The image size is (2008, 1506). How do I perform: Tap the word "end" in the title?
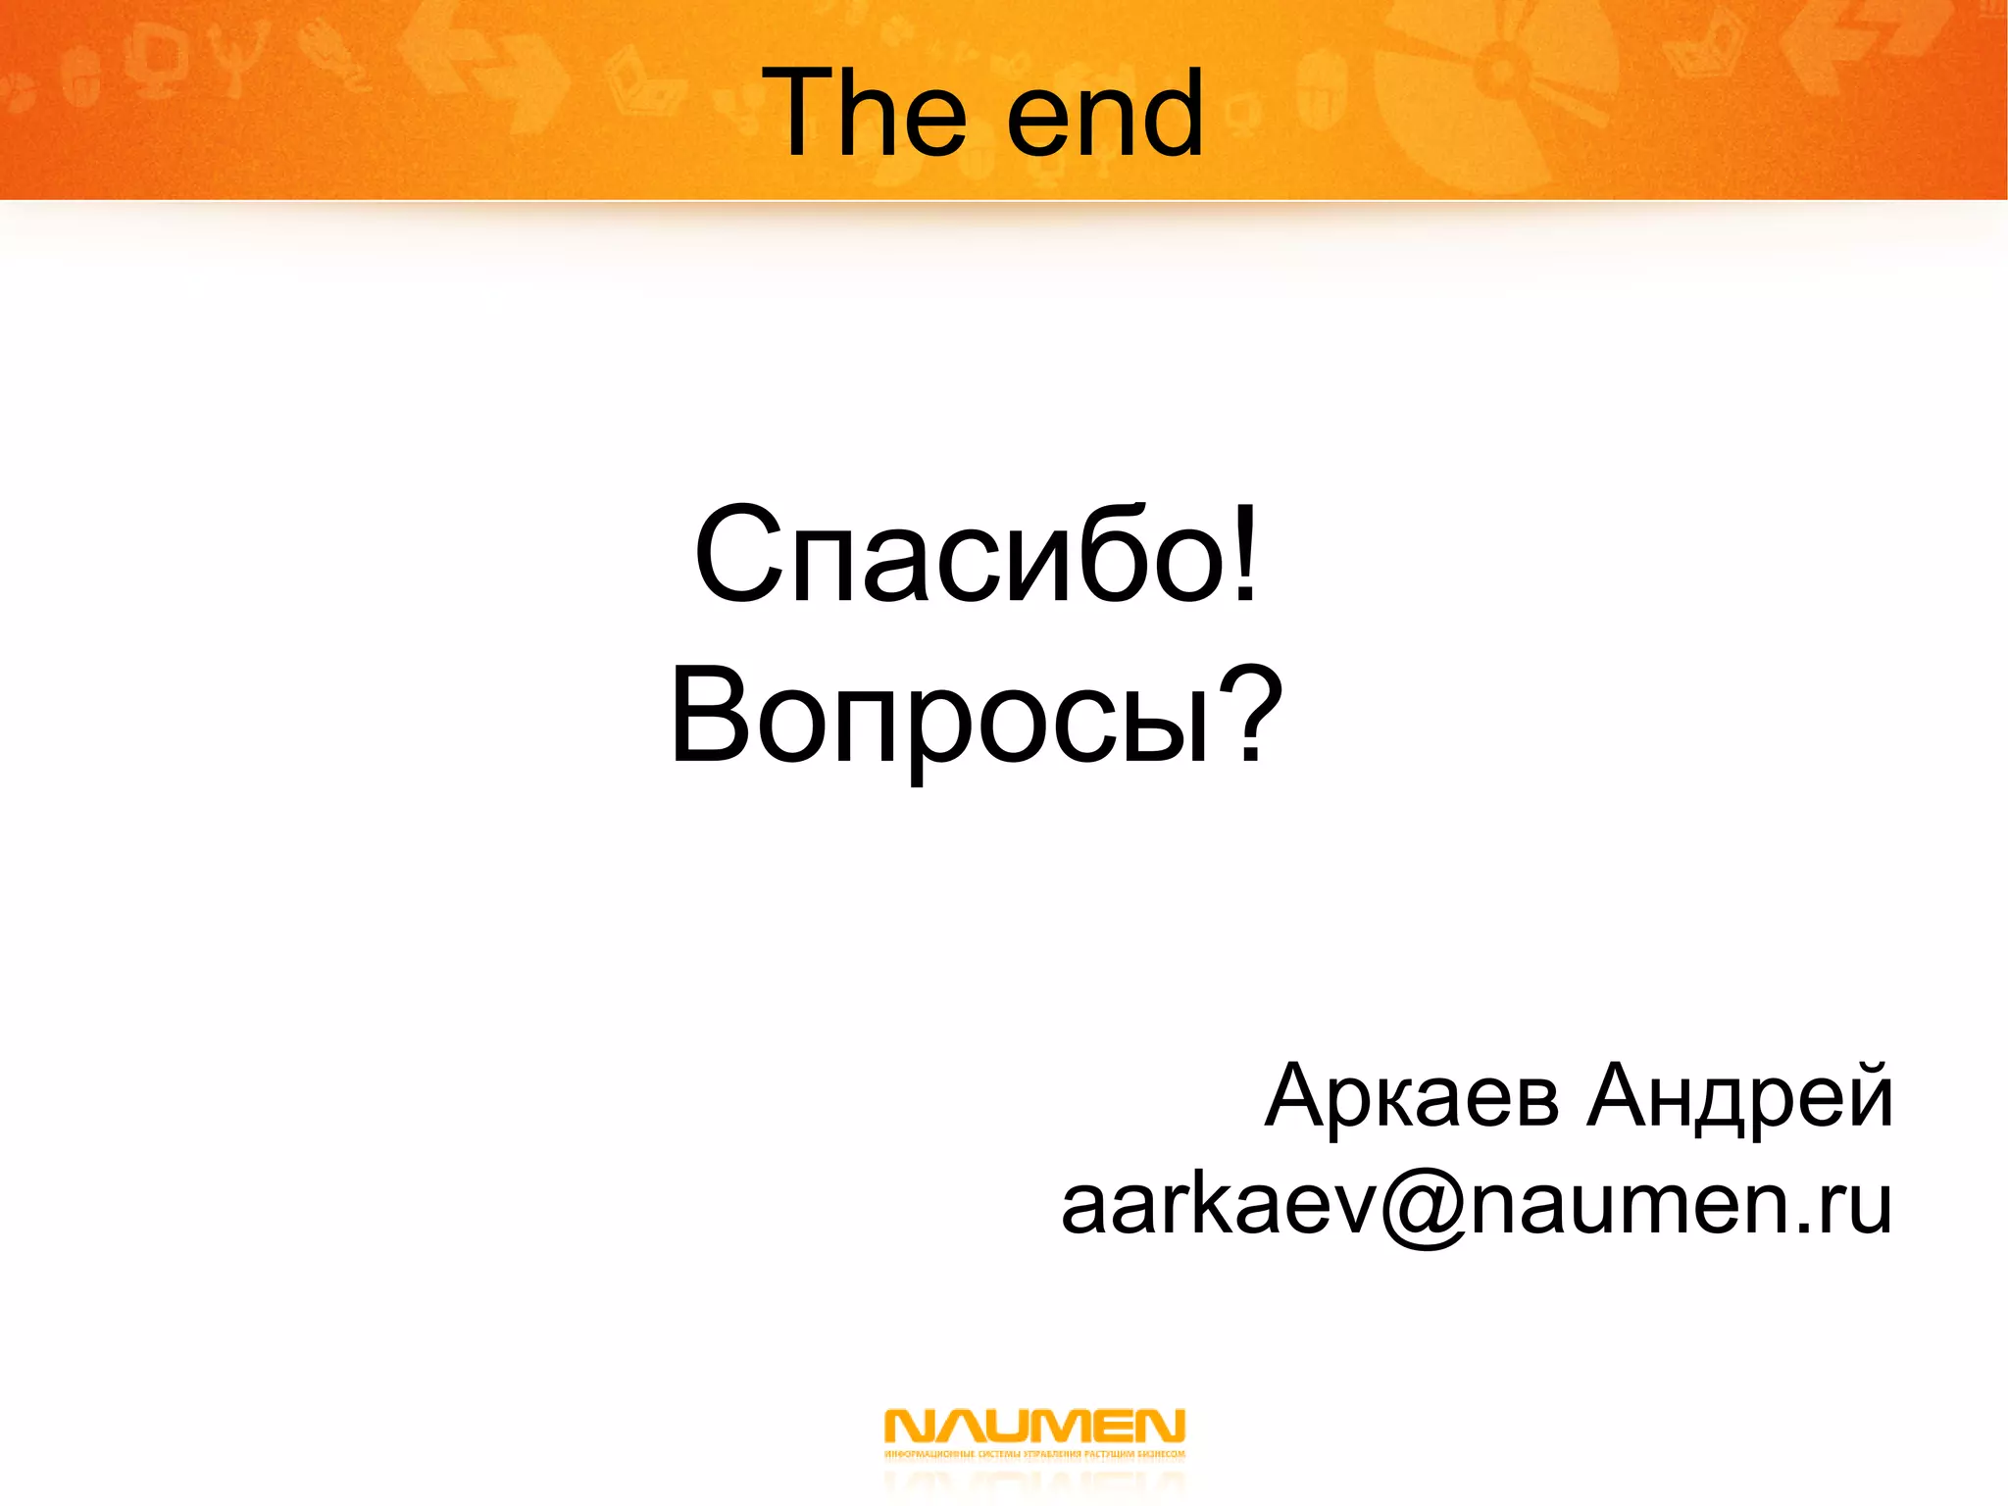pos(1105,116)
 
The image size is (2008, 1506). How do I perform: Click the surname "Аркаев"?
pos(1412,1097)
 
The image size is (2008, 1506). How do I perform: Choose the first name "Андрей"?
pos(1740,1097)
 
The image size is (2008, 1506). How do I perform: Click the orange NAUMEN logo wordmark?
pos(1034,1426)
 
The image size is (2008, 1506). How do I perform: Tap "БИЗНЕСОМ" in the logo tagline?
pos(1163,1454)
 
